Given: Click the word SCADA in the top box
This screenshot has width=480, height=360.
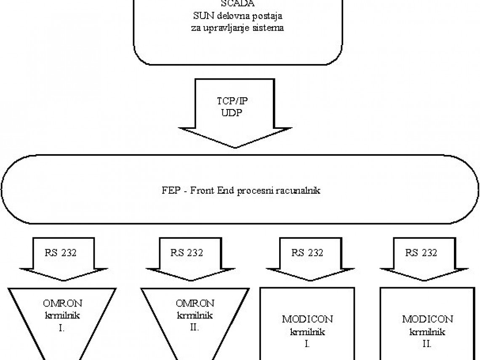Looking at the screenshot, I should click(237, 4).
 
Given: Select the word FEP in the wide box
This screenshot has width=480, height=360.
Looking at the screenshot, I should click(169, 190).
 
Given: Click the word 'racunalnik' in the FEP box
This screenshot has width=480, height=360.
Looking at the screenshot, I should click(300, 190).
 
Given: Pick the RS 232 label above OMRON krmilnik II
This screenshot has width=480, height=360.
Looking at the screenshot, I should click(187, 253).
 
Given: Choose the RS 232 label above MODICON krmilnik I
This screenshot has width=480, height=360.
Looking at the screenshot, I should click(307, 253).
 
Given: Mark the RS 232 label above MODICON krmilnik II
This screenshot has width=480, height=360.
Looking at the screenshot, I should click(421, 253).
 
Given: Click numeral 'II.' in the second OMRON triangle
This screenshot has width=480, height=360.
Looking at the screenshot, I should click(195, 327).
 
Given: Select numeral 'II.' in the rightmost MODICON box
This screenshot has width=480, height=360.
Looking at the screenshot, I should click(427, 344).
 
